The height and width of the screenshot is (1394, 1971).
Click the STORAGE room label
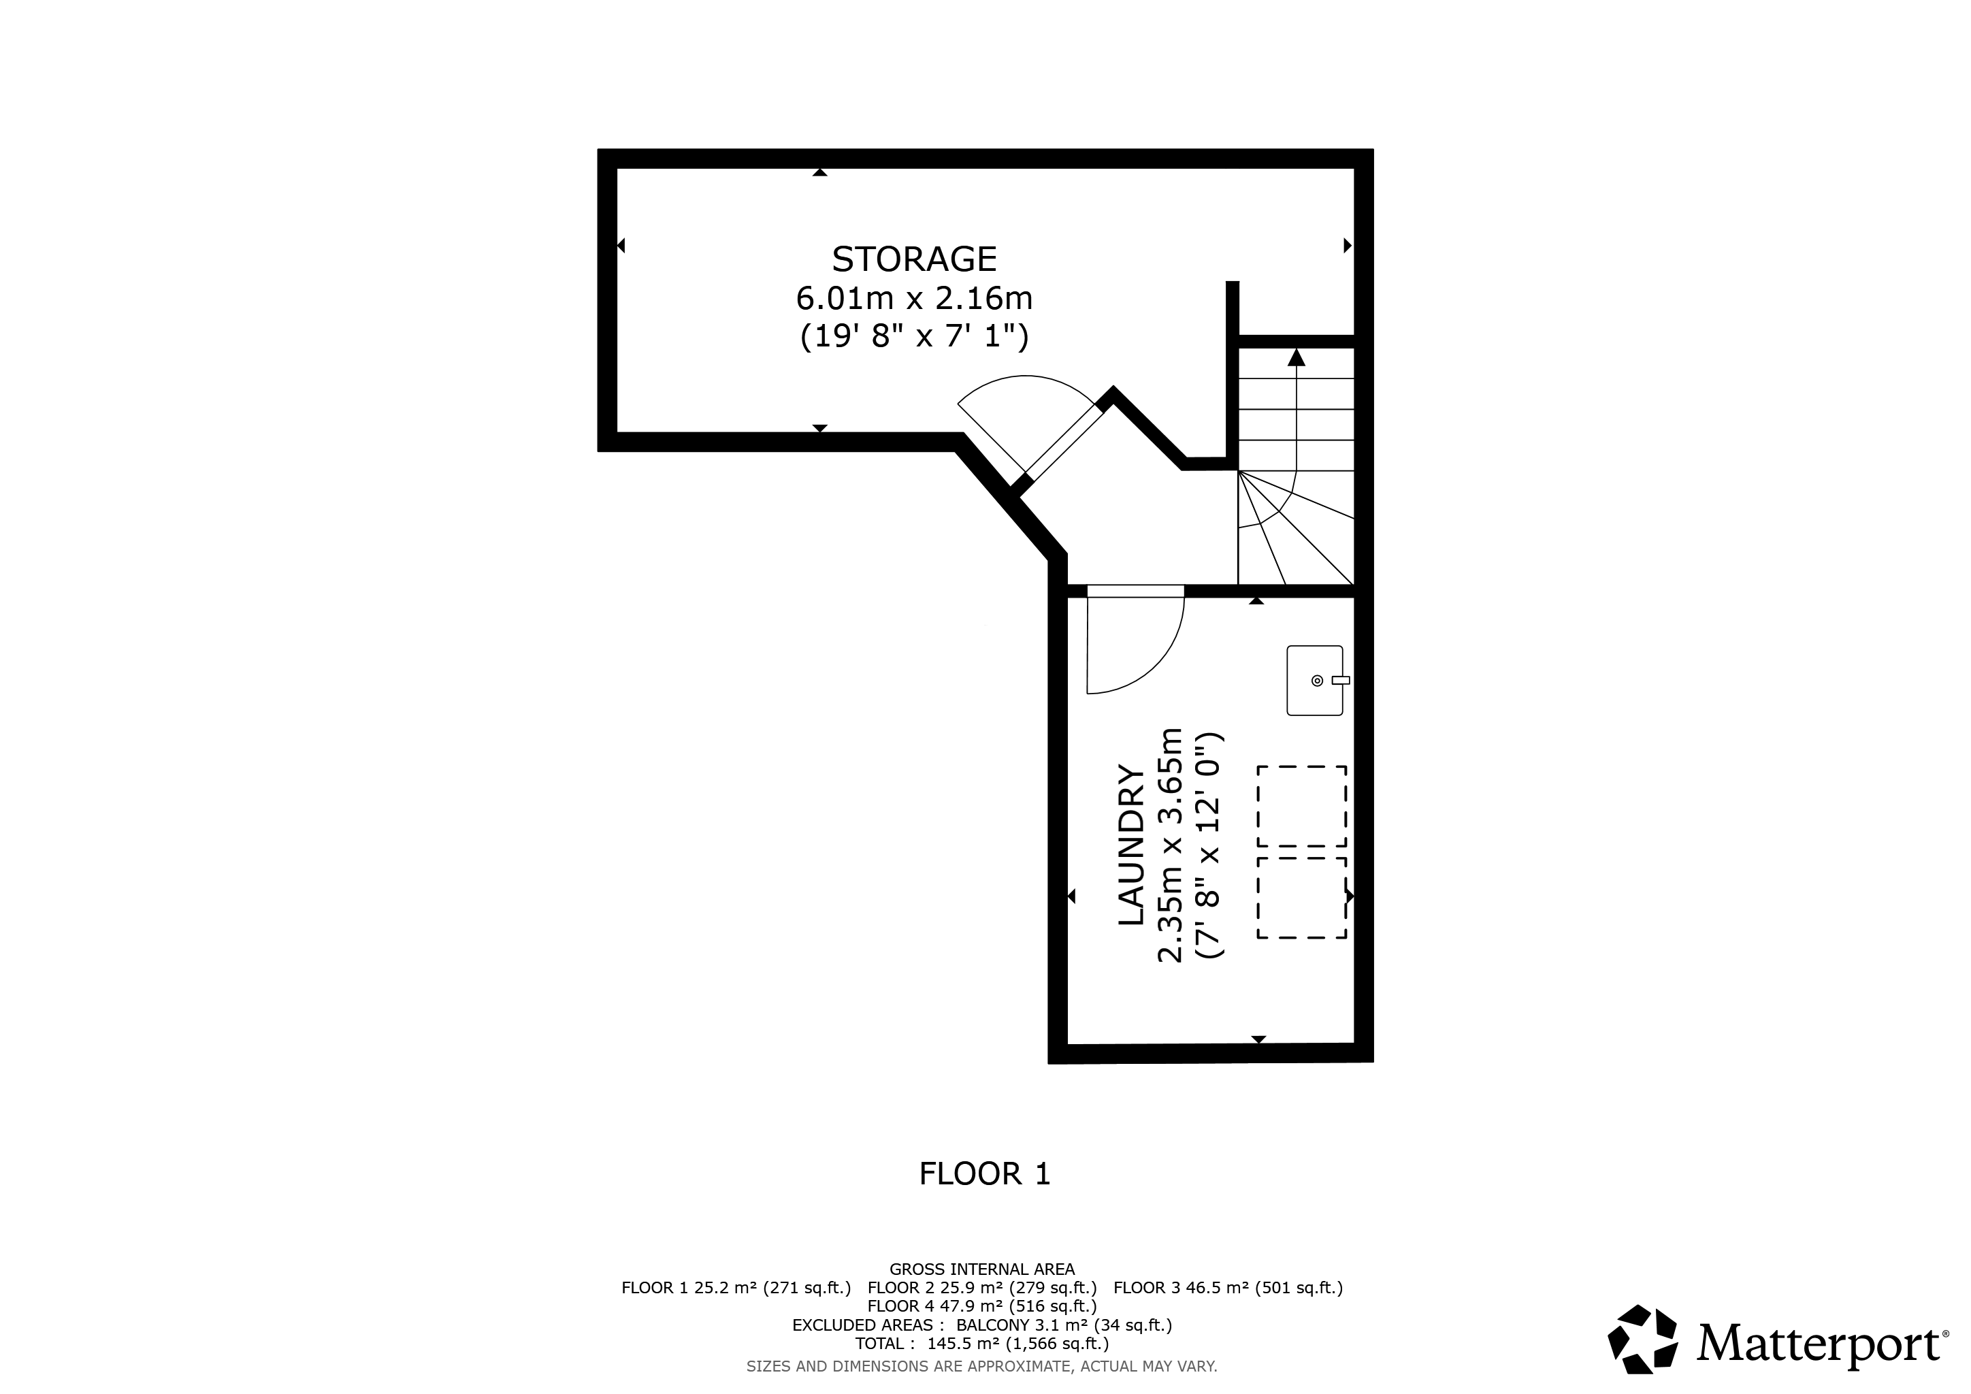pos(914,259)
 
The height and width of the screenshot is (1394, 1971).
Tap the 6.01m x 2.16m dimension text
pos(914,298)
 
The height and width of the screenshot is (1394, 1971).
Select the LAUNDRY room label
pos(1130,845)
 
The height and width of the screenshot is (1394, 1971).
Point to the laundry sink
pos(1315,680)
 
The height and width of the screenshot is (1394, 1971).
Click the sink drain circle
pos(1317,681)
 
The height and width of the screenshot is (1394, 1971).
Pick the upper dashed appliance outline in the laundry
pos(1301,806)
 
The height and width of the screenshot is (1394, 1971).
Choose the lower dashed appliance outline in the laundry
pos(1301,897)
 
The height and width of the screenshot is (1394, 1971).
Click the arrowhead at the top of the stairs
pos(1297,357)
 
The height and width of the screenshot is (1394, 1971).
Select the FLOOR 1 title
pos(985,1173)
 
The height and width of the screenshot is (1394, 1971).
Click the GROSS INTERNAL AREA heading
pos(982,1269)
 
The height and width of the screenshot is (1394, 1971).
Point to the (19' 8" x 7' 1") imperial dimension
pos(914,336)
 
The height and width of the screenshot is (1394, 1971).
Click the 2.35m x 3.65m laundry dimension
pos(1171,845)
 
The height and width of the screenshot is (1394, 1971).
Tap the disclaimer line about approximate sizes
pos(982,1365)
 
